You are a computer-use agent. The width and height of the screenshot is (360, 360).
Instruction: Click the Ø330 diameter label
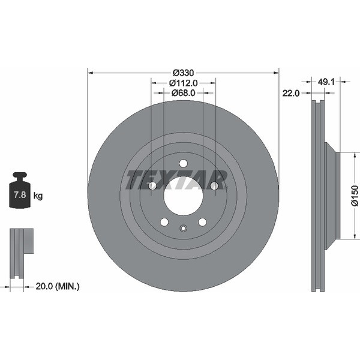(183, 73)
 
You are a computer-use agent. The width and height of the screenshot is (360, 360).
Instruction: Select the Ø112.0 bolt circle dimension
(183, 83)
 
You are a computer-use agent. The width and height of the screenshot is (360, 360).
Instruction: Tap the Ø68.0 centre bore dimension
(183, 93)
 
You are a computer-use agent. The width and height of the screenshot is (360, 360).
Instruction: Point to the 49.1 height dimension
(326, 82)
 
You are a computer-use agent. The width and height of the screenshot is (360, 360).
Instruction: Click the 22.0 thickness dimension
(291, 93)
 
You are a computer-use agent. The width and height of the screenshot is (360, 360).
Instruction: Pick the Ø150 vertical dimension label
(355, 196)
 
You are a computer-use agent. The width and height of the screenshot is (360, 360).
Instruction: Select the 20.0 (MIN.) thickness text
(58, 286)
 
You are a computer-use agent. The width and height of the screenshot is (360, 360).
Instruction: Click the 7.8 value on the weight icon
(20, 195)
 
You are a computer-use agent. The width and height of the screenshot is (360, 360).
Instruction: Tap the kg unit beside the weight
(38, 196)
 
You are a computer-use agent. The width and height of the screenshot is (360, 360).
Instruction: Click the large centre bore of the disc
(183, 196)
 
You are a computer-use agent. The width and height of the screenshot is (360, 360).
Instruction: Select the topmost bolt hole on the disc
(183, 163)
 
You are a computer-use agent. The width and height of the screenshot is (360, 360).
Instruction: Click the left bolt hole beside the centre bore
(152, 185)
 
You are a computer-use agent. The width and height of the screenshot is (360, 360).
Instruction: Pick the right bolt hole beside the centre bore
(214, 185)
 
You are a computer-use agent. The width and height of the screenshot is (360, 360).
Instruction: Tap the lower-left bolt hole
(164, 222)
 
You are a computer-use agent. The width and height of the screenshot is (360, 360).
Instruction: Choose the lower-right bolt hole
(202, 222)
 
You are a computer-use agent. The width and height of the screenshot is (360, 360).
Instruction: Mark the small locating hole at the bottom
(183, 228)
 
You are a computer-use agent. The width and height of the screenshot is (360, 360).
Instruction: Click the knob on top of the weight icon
(20, 175)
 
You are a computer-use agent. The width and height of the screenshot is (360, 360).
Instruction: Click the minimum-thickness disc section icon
(22, 254)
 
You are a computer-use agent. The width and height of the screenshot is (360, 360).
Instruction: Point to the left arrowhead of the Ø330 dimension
(90, 73)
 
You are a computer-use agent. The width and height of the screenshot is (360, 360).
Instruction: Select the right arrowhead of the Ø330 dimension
(276, 73)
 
